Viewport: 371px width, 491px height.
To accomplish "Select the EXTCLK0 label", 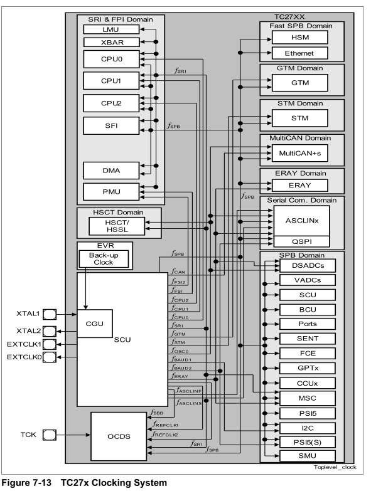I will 23,357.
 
